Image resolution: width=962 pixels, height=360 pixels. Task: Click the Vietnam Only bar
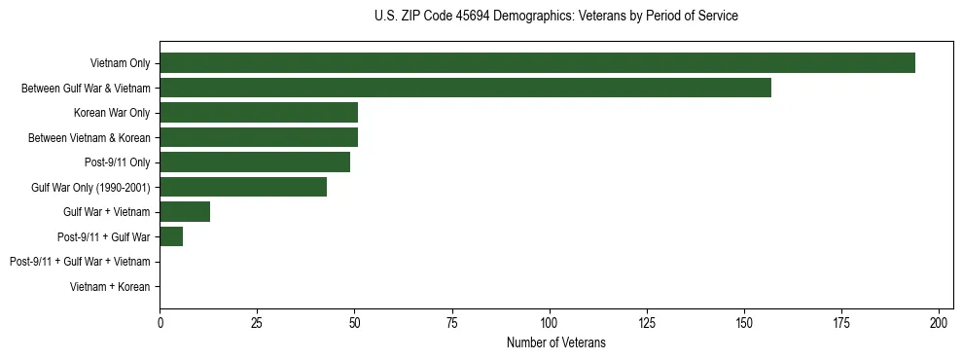coord(537,63)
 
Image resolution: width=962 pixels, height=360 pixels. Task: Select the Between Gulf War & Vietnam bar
coord(465,88)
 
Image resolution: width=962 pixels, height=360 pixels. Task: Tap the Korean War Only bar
coord(259,113)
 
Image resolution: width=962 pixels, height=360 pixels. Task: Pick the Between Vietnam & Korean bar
coord(259,137)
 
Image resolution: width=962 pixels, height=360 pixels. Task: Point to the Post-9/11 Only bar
coord(255,162)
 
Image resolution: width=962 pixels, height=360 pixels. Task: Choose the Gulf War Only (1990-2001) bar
coord(243,187)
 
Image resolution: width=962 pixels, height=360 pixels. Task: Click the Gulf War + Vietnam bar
coord(185,212)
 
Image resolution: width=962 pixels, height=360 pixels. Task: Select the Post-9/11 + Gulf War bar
coord(171,236)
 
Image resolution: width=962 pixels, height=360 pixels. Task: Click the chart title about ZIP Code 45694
coord(555,17)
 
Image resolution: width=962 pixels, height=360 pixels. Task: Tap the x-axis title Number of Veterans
coord(555,342)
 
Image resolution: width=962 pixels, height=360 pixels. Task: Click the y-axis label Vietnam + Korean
coord(110,287)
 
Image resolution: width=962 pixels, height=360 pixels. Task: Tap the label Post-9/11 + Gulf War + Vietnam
coord(80,262)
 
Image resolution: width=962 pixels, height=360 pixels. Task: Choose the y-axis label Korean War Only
coord(112,113)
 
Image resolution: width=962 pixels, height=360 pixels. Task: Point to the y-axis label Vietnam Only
coord(120,63)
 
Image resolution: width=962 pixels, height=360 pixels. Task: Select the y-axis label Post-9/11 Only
coord(118,162)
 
